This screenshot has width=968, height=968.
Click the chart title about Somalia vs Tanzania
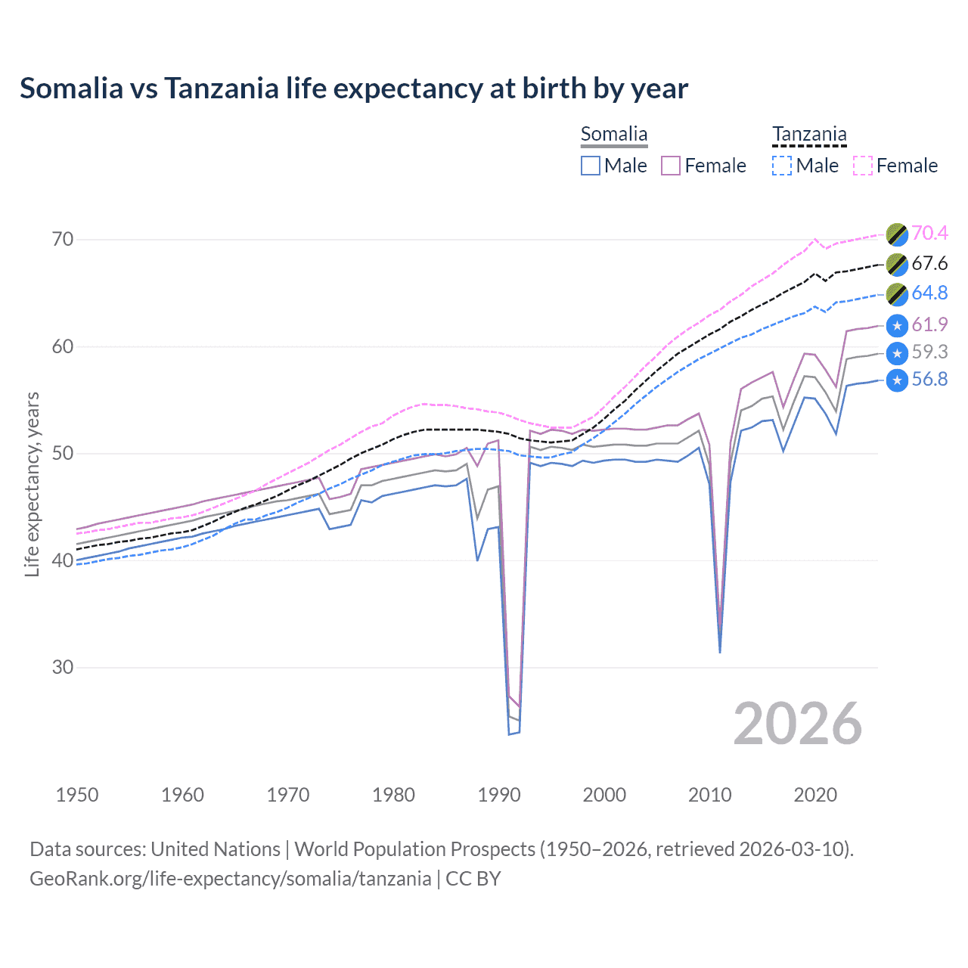pyautogui.click(x=354, y=88)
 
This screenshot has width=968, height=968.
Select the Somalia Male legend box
pyautogui.click(x=591, y=166)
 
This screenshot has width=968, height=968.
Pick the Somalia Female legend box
pyautogui.click(x=671, y=166)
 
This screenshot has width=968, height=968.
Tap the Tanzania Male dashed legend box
pyautogui.click(x=782, y=166)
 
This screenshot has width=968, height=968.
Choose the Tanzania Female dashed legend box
pyautogui.click(x=863, y=166)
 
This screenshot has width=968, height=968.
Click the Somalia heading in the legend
pyautogui.click(x=614, y=135)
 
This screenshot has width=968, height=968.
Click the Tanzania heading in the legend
pyautogui.click(x=809, y=135)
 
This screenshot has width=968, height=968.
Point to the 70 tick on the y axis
pyautogui.click(x=63, y=240)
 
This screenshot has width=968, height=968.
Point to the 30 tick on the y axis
pyautogui.click(x=63, y=668)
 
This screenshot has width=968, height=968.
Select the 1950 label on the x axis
pyautogui.click(x=77, y=795)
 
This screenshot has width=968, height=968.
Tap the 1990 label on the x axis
pyautogui.click(x=499, y=795)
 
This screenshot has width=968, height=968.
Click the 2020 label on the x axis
pyautogui.click(x=815, y=795)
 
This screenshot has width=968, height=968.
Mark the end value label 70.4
pyautogui.click(x=929, y=234)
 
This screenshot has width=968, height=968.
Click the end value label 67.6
pyautogui.click(x=929, y=264)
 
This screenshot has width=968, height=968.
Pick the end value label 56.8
pyautogui.click(x=929, y=380)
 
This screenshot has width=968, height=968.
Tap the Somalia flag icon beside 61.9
pyautogui.click(x=897, y=325)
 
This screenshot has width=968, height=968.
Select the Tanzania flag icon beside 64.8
pyautogui.click(x=897, y=294)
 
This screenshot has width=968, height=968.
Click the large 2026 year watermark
pyautogui.click(x=798, y=724)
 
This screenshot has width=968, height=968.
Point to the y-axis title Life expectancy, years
pyautogui.click(x=33, y=484)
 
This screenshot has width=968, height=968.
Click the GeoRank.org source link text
pyautogui.click(x=231, y=879)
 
